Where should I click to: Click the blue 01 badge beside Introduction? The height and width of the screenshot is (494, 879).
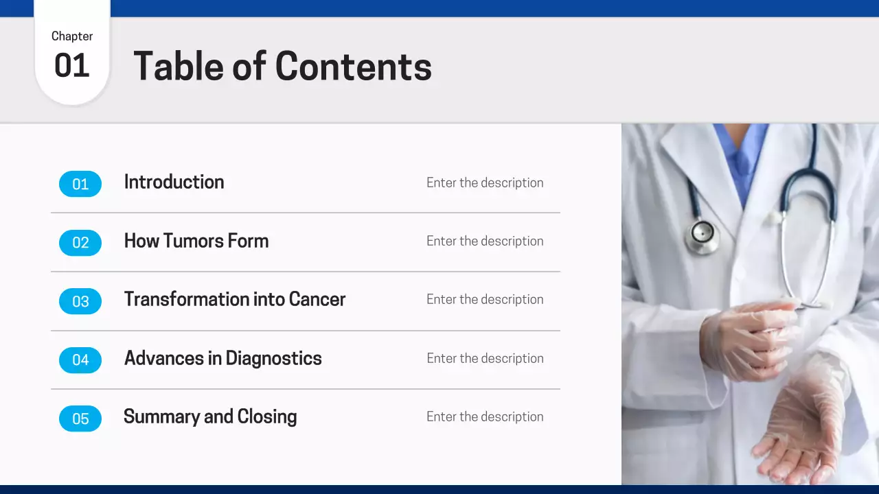[x=80, y=184]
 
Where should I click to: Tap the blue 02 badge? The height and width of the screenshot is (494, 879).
[x=80, y=242]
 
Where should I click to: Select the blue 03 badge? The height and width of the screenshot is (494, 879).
[x=80, y=301]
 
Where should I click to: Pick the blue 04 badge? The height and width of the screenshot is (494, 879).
[x=80, y=360]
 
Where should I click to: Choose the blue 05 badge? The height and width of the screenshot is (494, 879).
[x=80, y=419]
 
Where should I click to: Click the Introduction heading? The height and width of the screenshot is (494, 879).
[x=174, y=182]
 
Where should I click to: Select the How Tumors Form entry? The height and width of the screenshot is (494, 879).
[x=196, y=241]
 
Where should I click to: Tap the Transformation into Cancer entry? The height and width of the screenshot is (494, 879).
[x=234, y=299]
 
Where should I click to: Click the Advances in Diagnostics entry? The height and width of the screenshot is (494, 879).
[x=222, y=358]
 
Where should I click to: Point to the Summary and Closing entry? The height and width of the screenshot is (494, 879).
[x=210, y=416]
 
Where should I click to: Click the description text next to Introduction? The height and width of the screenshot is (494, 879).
[x=485, y=183]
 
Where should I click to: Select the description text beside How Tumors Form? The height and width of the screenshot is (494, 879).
[x=485, y=241]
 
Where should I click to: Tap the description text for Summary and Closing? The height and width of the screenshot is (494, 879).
[x=485, y=416]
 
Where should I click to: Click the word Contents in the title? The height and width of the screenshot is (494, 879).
[x=353, y=67]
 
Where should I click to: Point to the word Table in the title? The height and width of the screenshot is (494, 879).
[x=177, y=67]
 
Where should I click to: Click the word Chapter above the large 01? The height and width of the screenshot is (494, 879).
[x=72, y=36]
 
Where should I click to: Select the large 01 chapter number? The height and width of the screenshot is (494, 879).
[x=72, y=66]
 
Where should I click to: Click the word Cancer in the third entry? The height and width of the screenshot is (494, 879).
[x=317, y=299]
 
